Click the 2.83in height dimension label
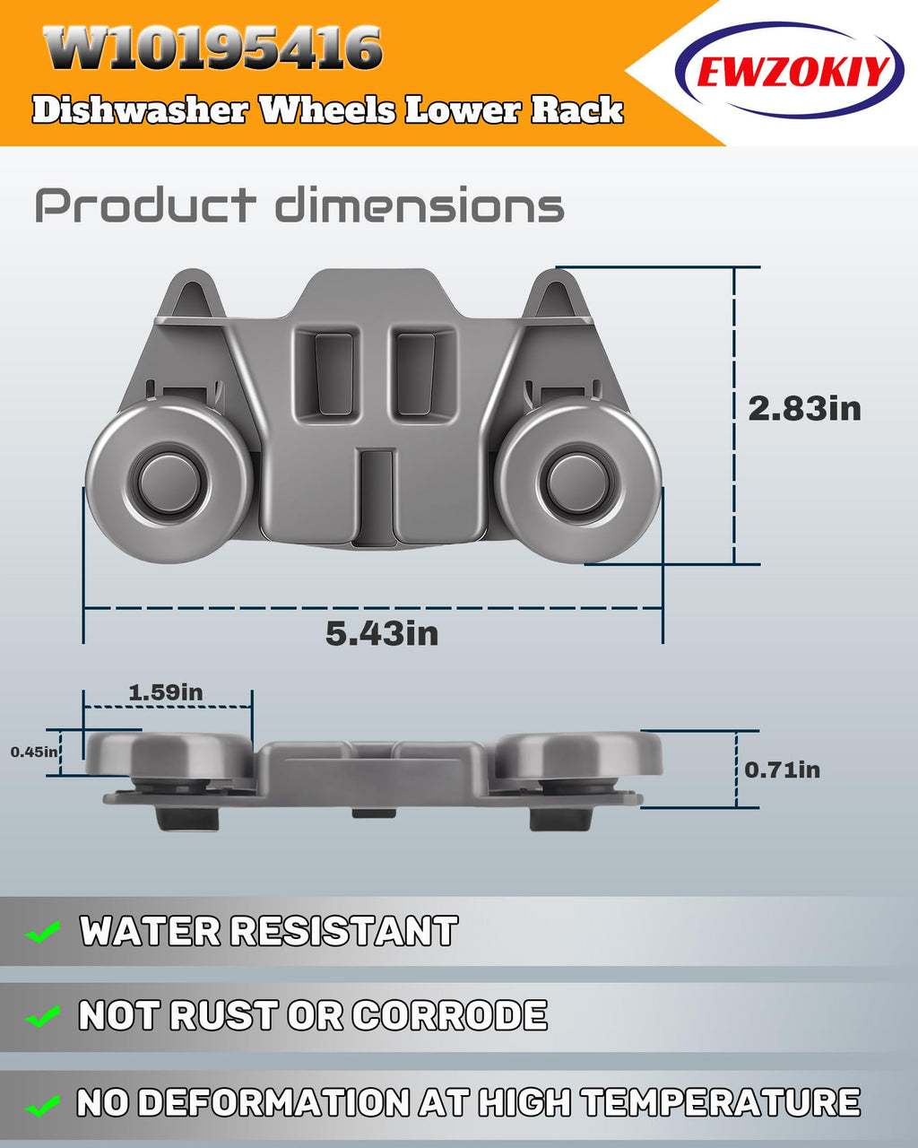click(804, 409)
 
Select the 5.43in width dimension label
click(382, 633)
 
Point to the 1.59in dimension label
click(166, 692)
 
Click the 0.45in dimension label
click(34, 752)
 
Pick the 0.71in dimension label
click(782, 770)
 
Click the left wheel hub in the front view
click(169, 482)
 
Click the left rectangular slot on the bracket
click(333, 374)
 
